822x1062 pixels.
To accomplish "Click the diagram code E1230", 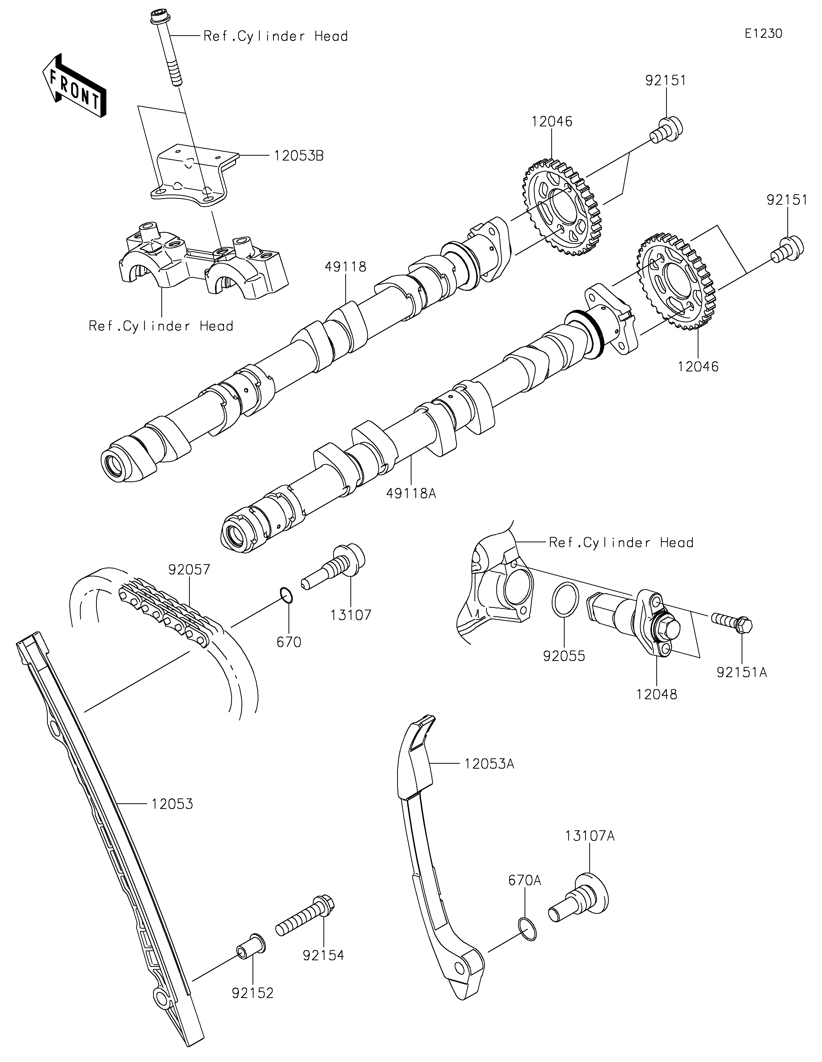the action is pyautogui.click(x=763, y=34).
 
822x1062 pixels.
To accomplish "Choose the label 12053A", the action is pyautogui.click(x=489, y=764).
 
